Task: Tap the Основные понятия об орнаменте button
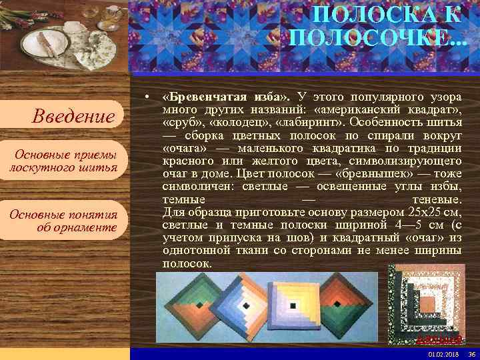pos(63,221)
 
